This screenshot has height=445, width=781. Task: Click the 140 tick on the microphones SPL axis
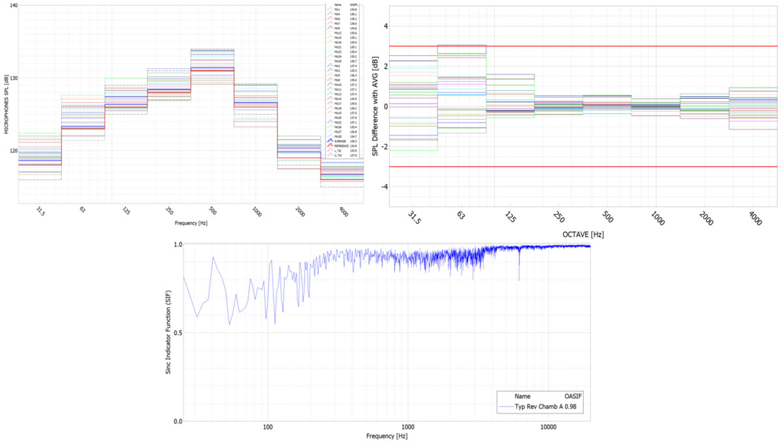tap(12, 5)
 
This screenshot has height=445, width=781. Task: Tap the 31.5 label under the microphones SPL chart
tap(40, 211)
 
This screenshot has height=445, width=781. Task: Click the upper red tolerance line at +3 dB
tap(586, 46)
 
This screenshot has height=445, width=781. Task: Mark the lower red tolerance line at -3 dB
tap(586, 167)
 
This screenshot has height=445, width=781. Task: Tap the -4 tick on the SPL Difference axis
tap(385, 187)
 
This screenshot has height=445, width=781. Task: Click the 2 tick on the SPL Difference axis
tap(385, 66)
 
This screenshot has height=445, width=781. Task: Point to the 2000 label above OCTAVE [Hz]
tap(704, 217)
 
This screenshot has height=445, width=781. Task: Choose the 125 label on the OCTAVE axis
tap(510, 217)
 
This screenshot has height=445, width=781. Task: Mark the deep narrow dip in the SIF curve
tap(519, 278)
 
